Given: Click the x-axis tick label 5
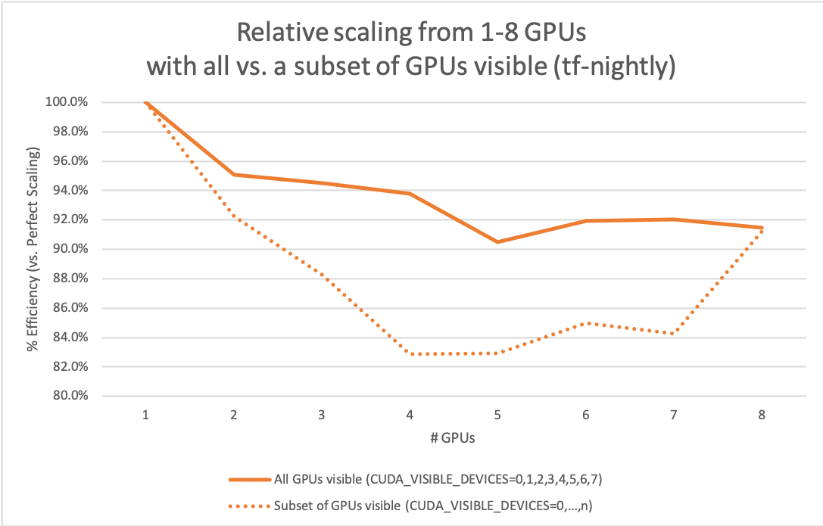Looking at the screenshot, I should pyautogui.click(x=497, y=415).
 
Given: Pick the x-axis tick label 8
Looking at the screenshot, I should pyautogui.click(x=762, y=415).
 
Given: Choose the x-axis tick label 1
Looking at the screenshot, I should pyautogui.click(x=145, y=415).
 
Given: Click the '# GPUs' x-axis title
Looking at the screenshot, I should pyautogui.click(x=453, y=437).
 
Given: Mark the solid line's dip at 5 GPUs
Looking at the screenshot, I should pyautogui.click(x=497, y=241).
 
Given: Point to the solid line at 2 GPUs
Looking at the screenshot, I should pyautogui.click(x=234, y=175).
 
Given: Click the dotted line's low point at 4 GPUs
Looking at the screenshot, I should pyautogui.click(x=410, y=353).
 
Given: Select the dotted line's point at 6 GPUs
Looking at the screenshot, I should pyautogui.click(x=586, y=323).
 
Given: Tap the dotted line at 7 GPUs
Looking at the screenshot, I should pyautogui.click(x=674, y=334).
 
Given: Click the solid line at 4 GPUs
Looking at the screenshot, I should pyautogui.click(x=410, y=194).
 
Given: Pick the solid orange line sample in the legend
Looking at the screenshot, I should pyautogui.click(x=249, y=479).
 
